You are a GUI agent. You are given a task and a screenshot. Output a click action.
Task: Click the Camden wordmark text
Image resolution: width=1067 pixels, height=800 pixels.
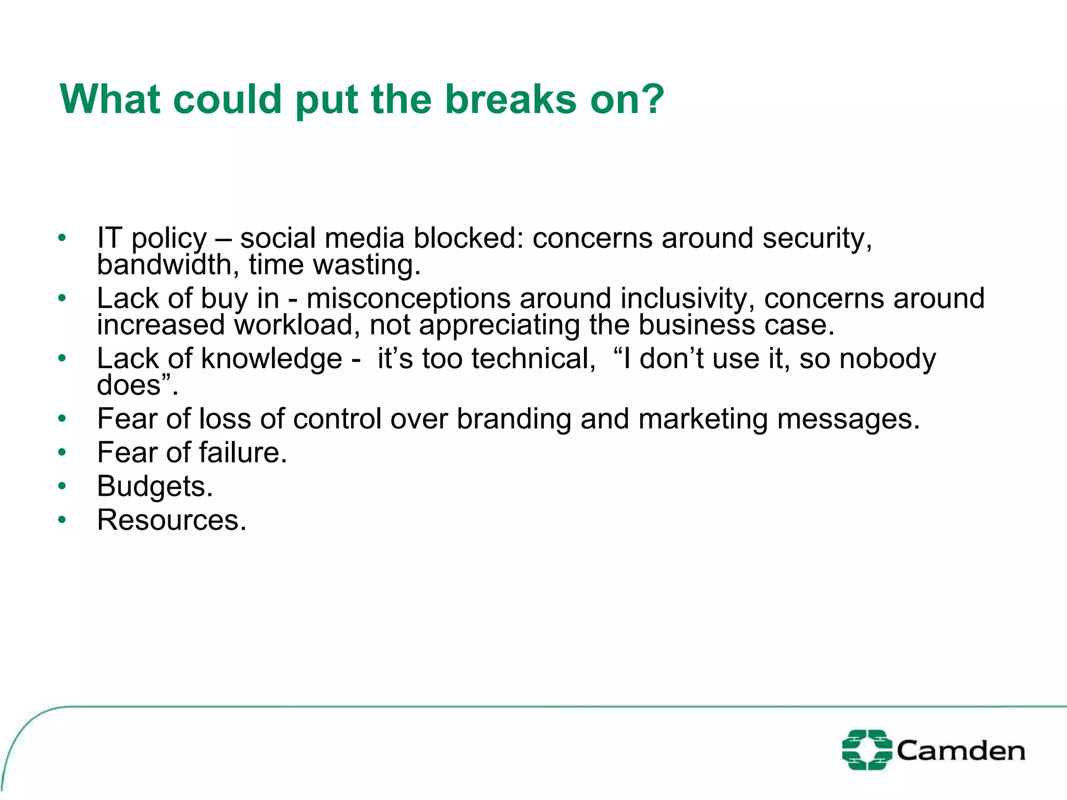pyautogui.click(x=960, y=751)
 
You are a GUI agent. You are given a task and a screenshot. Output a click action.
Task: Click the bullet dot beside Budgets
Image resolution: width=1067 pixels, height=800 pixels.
pyautogui.click(x=63, y=486)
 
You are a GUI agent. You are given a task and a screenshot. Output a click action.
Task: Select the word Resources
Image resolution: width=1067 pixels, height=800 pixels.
pyautogui.click(x=171, y=520)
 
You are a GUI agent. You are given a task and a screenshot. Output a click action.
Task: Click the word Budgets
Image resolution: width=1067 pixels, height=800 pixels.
pyautogui.click(x=155, y=486)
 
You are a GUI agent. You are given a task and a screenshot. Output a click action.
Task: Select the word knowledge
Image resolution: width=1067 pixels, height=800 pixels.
pyautogui.click(x=271, y=359)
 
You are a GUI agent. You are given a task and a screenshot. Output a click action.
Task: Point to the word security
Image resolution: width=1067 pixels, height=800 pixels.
pyautogui.click(x=817, y=239)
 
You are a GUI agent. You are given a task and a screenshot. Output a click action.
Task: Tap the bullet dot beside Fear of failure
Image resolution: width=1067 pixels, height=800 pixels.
pyautogui.click(x=63, y=452)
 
